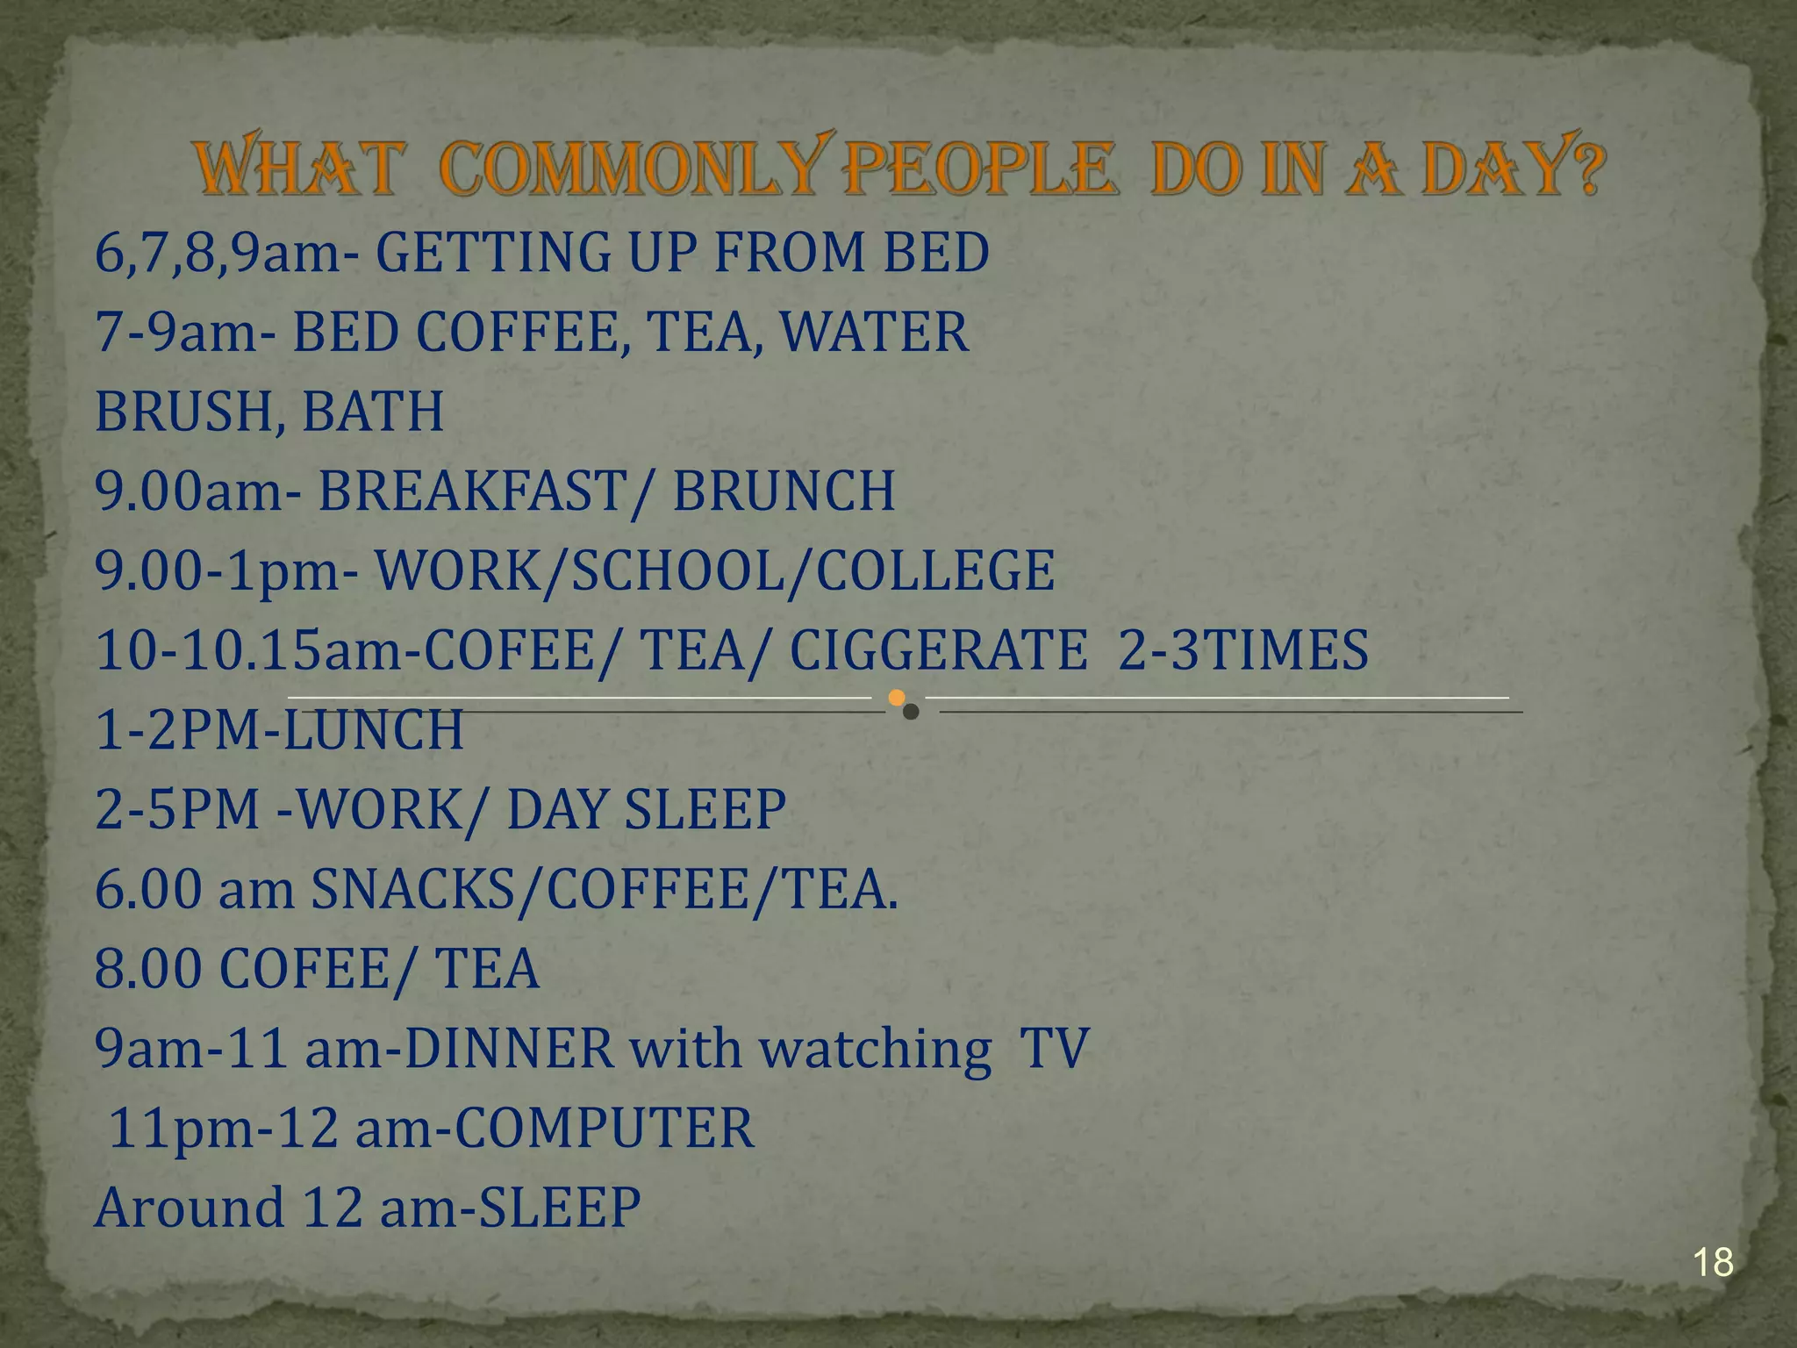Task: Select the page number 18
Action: click(x=1713, y=1263)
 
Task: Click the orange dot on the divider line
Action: click(x=896, y=698)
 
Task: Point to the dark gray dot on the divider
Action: click(x=912, y=712)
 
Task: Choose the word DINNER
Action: click(x=509, y=1048)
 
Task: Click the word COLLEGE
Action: click(x=935, y=570)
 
